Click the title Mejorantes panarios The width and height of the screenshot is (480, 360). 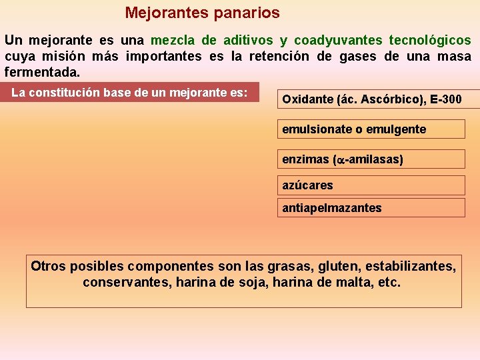coord(202,13)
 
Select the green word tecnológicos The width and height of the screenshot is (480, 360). coord(429,41)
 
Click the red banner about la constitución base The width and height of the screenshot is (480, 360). coord(129,93)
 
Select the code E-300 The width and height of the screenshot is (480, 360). coord(446,99)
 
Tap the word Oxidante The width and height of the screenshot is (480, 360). coord(307,99)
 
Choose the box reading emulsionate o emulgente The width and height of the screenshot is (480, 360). coord(371,129)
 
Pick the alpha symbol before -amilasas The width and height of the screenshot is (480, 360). coord(338,160)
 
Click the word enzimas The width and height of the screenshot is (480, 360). coord(305,159)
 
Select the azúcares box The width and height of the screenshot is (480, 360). coord(371,185)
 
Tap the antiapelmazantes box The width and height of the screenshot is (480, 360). coord(371,207)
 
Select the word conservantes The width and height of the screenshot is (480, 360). coord(125,282)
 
